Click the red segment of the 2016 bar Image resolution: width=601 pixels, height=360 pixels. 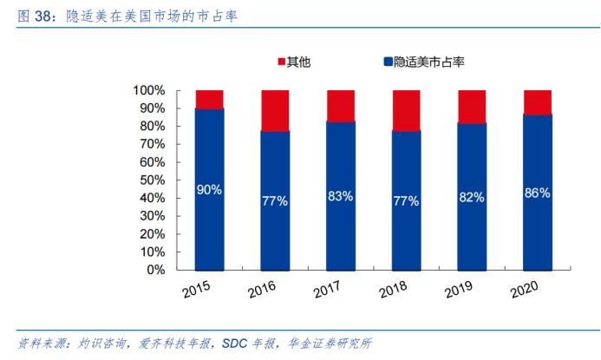pyautogui.click(x=275, y=110)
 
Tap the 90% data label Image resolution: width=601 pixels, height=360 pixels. pyautogui.click(x=210, y=189)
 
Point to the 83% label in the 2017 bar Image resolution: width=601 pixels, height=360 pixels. pyautogui.click(x=340, y=196)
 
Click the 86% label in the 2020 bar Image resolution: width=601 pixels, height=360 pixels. pyautogui.click(x=538, y=193)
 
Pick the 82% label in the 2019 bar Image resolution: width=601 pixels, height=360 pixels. pyautogui.click(x=472, y=197)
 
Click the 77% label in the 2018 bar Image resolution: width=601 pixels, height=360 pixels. pyautogui.click(x=406, y=201)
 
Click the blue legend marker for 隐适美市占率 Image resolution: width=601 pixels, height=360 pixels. pyautogui.click(x=387, y=62)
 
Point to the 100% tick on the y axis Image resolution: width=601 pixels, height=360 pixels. pyautogui.click(x=148, y=90)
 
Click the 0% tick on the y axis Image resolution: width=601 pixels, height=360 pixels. pyautogui.click(x=155, y=270)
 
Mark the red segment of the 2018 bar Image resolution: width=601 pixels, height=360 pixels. pyautogui.click(x=406, y=110)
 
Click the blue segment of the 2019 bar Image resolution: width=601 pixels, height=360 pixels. pyautogui.click(x=472, y=234)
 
